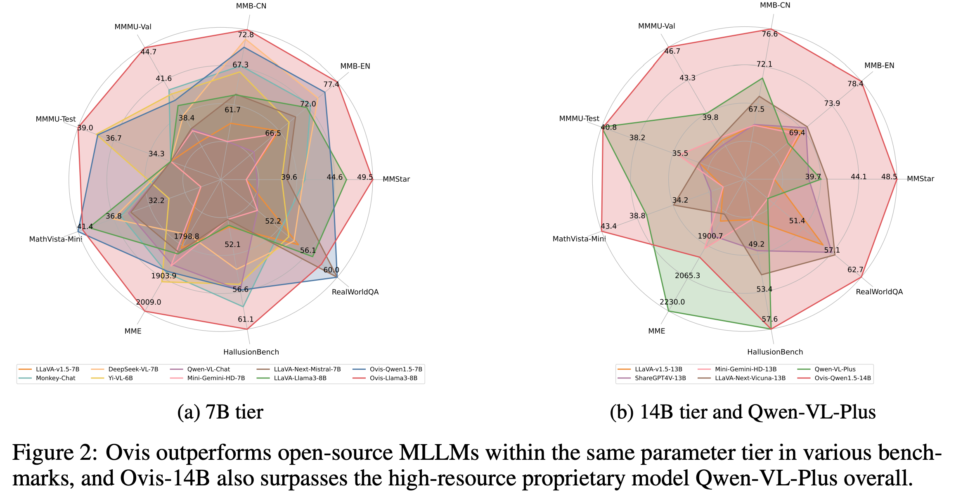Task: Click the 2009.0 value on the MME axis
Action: click(149, 302)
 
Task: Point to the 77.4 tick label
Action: click(331, 85)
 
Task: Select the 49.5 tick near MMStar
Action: click(365, 177)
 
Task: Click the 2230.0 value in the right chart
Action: click(672, 302)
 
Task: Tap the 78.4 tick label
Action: click(855, 84)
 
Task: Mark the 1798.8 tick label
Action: click(187, 237)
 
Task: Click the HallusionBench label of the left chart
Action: click(251, 352)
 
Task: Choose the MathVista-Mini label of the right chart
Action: click(579, 239)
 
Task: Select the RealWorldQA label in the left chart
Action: click(355, 292)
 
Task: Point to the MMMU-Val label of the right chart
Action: click(656, 26)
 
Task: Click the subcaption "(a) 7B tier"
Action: click(220, 412)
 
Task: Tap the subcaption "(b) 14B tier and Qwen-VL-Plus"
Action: click(743, 412)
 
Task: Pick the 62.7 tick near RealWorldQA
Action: click(855, 270)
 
